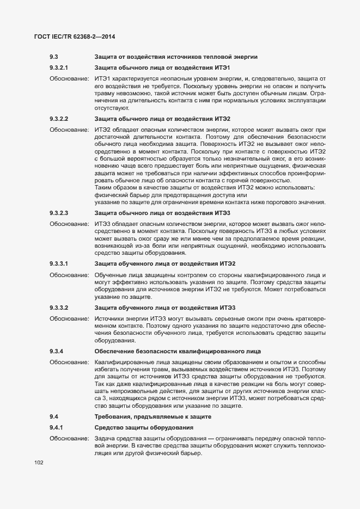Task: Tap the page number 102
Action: (x=39, y=463)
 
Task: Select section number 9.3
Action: (x=54, y=57)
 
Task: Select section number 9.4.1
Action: (x=56, y=427)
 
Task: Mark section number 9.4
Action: (x=54, y=416)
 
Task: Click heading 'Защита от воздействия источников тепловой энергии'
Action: (x=176, y=57)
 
